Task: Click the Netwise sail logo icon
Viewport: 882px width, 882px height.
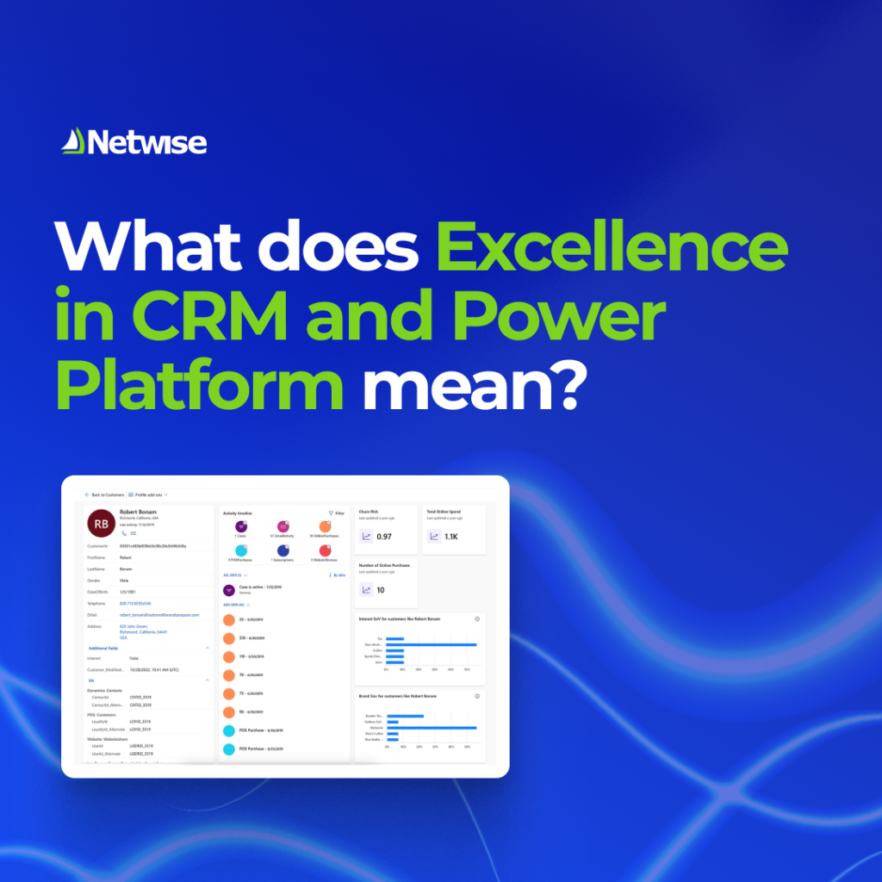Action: [71, 141]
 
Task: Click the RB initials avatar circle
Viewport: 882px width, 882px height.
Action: [102, 524]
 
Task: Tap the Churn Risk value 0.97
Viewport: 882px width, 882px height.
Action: [383, 537]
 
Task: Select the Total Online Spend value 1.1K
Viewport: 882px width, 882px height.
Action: [451, 537]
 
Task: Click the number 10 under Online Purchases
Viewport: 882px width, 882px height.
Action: [381, 590]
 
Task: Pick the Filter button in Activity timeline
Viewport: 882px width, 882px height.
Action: [336, 513]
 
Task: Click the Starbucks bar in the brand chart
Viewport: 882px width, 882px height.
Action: [431, 728]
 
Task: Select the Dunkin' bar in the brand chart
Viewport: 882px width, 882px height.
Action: [405, 716]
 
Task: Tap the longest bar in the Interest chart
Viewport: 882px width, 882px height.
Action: [431, 644]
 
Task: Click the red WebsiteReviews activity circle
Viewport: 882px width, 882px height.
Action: [324, 550]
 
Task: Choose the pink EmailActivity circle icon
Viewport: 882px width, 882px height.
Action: [282, 526]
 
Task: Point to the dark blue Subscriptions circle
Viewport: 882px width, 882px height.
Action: [283, 550]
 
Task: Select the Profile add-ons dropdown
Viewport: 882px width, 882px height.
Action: [148, 495]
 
